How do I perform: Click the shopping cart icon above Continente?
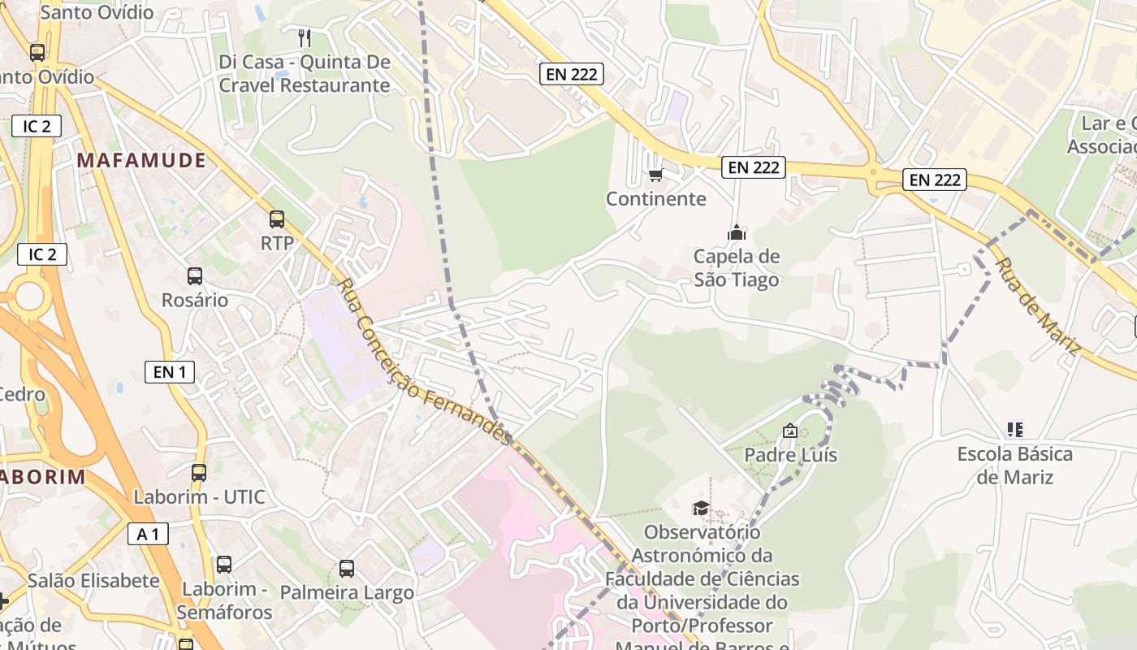point(656,175)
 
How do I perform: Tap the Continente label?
point(656,199)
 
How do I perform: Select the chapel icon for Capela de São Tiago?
point(737,232)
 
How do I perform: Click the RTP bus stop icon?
point(277,219)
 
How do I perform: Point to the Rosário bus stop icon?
point(195,275)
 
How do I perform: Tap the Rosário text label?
point(195,300)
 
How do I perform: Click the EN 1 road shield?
point(169,372)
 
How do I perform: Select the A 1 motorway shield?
point(148,534)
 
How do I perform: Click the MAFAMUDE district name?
point(141,161)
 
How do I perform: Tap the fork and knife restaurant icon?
point(305,37)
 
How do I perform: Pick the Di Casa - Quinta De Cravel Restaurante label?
point(305,74)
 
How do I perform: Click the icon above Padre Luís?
point(789,431)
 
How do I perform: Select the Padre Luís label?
point(790,455)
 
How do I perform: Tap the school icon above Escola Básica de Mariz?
point(1014,429)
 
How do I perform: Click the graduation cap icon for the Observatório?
point(700,509)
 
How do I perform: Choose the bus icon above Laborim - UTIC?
point(199,472)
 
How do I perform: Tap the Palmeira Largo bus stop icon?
point(347,569)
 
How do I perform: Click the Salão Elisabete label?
point(93,581)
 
